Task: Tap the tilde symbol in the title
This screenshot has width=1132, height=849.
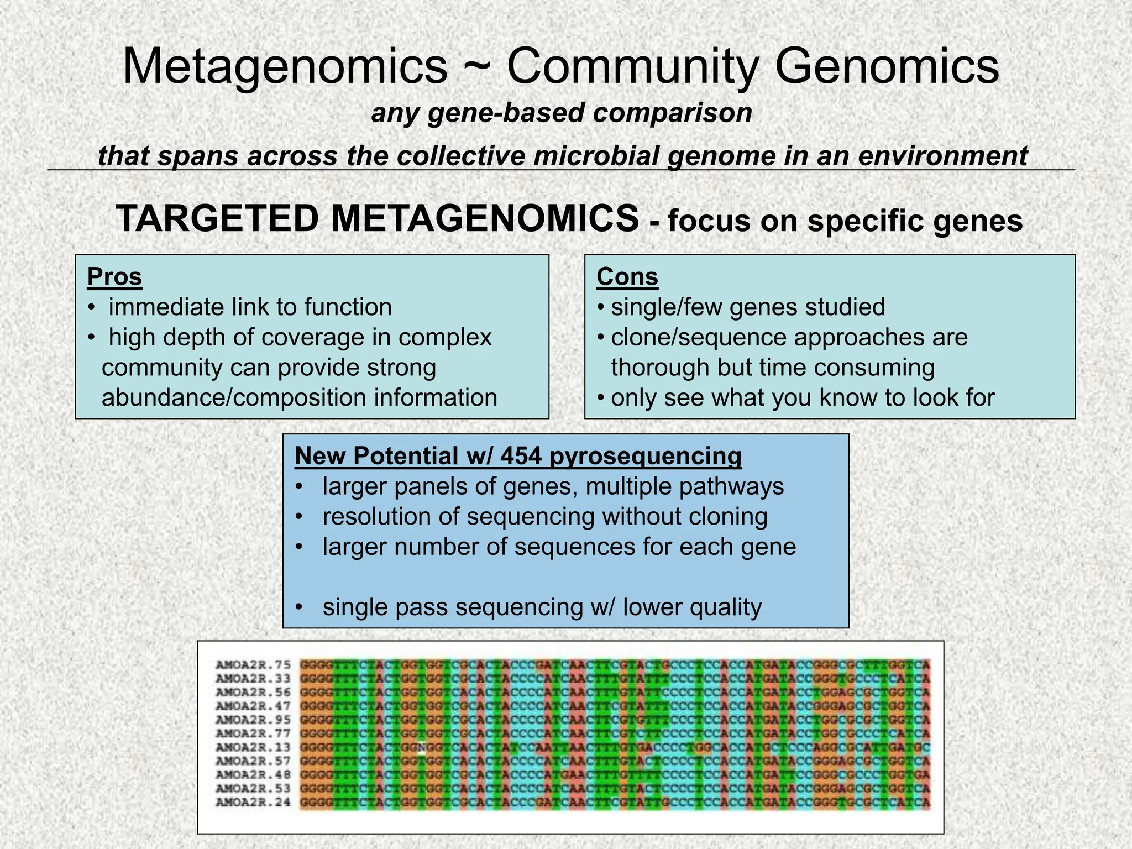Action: (476, 67)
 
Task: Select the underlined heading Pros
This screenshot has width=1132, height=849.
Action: (114, 277)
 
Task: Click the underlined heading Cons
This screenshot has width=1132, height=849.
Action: (627, 277)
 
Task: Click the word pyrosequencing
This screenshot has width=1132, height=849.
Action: (645, 457)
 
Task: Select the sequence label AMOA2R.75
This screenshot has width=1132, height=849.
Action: (253, 665)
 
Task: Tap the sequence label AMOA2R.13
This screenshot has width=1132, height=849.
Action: (253, 747)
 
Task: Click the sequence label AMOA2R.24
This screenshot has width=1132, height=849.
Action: (253, 802)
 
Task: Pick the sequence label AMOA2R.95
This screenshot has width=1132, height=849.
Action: (253, 720)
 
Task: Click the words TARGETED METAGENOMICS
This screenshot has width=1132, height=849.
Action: (378, 219)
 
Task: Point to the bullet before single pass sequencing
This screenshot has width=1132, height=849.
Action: (299, 607)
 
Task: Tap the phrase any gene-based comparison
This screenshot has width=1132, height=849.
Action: (562, 113)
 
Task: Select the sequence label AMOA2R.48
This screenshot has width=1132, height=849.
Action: (253, 774)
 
